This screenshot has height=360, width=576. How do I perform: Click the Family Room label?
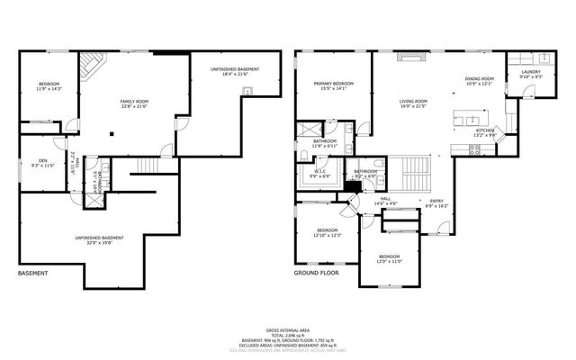[x=133, y=103]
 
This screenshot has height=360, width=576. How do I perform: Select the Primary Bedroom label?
[x=334, y=85]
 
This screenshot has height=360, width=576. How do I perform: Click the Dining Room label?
[x=480, y=81]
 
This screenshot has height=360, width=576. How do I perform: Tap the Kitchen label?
[x=485, y=132]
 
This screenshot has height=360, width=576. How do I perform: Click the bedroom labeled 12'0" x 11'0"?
[x=389, y=259]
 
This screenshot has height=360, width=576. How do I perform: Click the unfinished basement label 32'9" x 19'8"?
[x=99, y=240]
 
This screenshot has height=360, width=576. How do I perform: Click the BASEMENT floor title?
[x=33, y=273]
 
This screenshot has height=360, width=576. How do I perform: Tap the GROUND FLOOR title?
[x=315, y=273]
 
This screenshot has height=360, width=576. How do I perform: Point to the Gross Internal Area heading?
[x=288, y=331]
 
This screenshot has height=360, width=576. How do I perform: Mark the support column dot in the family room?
[x=112, y=135]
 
